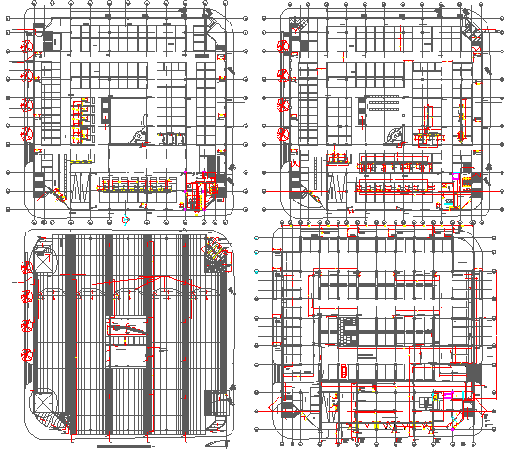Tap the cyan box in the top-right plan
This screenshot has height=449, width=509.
point(449,202)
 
